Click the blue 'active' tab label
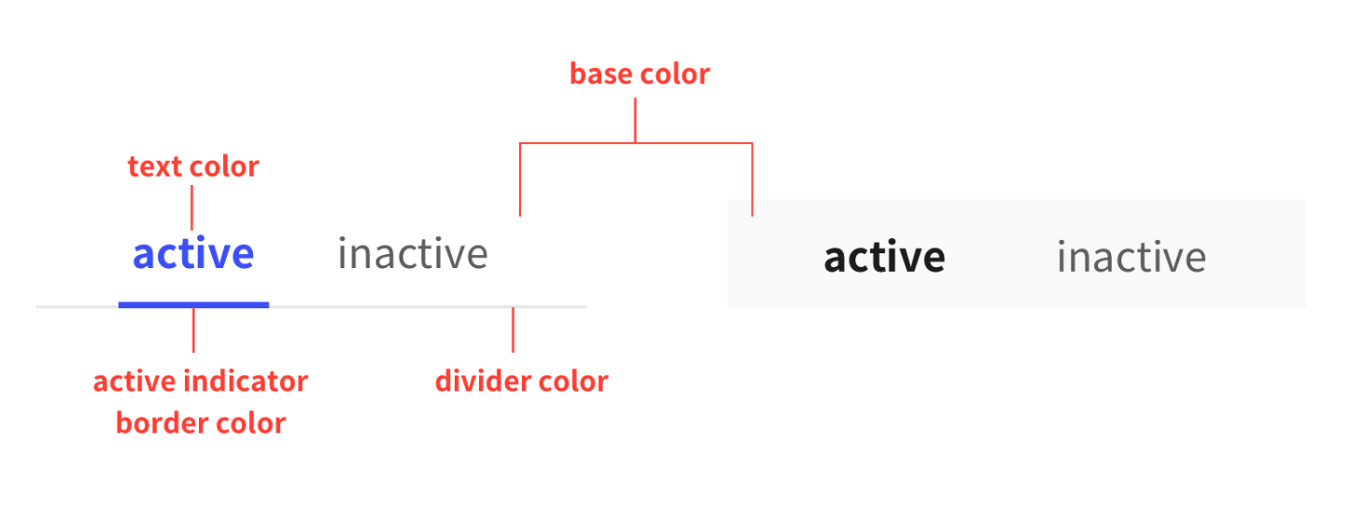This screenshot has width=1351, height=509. (193, 253)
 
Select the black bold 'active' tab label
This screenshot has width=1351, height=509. (884, 257)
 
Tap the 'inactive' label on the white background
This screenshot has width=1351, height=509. (413, 253)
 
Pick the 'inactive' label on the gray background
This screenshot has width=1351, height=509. (1132, 257)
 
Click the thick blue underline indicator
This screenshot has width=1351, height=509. (193, 305)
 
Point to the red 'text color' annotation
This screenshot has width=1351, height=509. (193, 166)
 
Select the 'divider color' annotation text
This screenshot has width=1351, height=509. (522, 381)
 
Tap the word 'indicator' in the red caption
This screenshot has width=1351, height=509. (246, 381)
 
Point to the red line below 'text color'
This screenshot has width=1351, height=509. (191, 207)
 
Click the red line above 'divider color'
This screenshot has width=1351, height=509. (514, 330)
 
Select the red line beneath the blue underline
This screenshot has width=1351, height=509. (193, 331)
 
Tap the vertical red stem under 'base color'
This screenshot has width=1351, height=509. (635, 120)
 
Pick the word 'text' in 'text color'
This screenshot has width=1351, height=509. (154, 166)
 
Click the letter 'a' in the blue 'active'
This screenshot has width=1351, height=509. (144, 256)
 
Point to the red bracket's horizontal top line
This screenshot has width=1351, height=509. (636, 143)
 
